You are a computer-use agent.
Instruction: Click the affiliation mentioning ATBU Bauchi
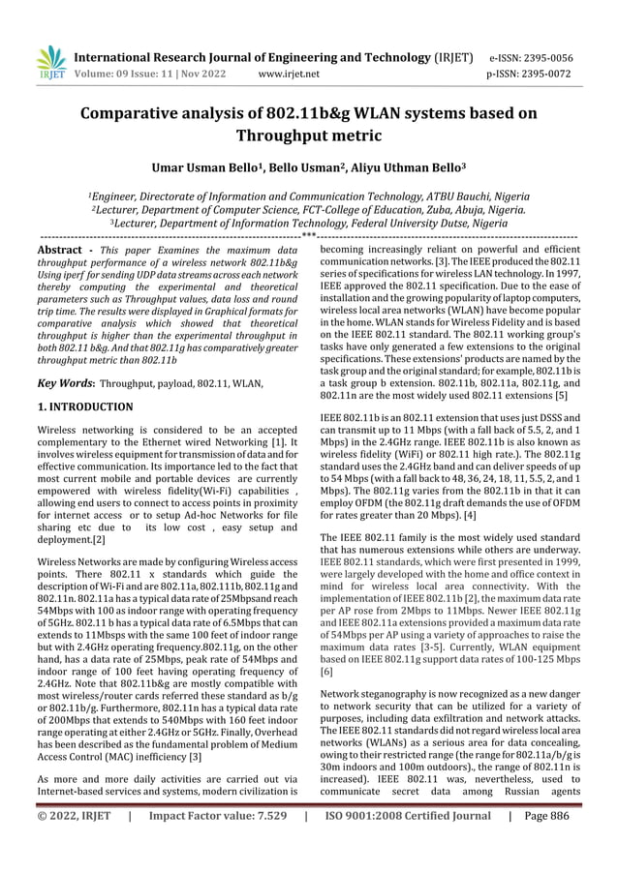[x=308, y=194]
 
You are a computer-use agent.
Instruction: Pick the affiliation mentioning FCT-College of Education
[x=308, y=207]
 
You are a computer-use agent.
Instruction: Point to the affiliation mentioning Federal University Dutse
[x=308, y=221]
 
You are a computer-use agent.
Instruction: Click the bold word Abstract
[x=58, y=250]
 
